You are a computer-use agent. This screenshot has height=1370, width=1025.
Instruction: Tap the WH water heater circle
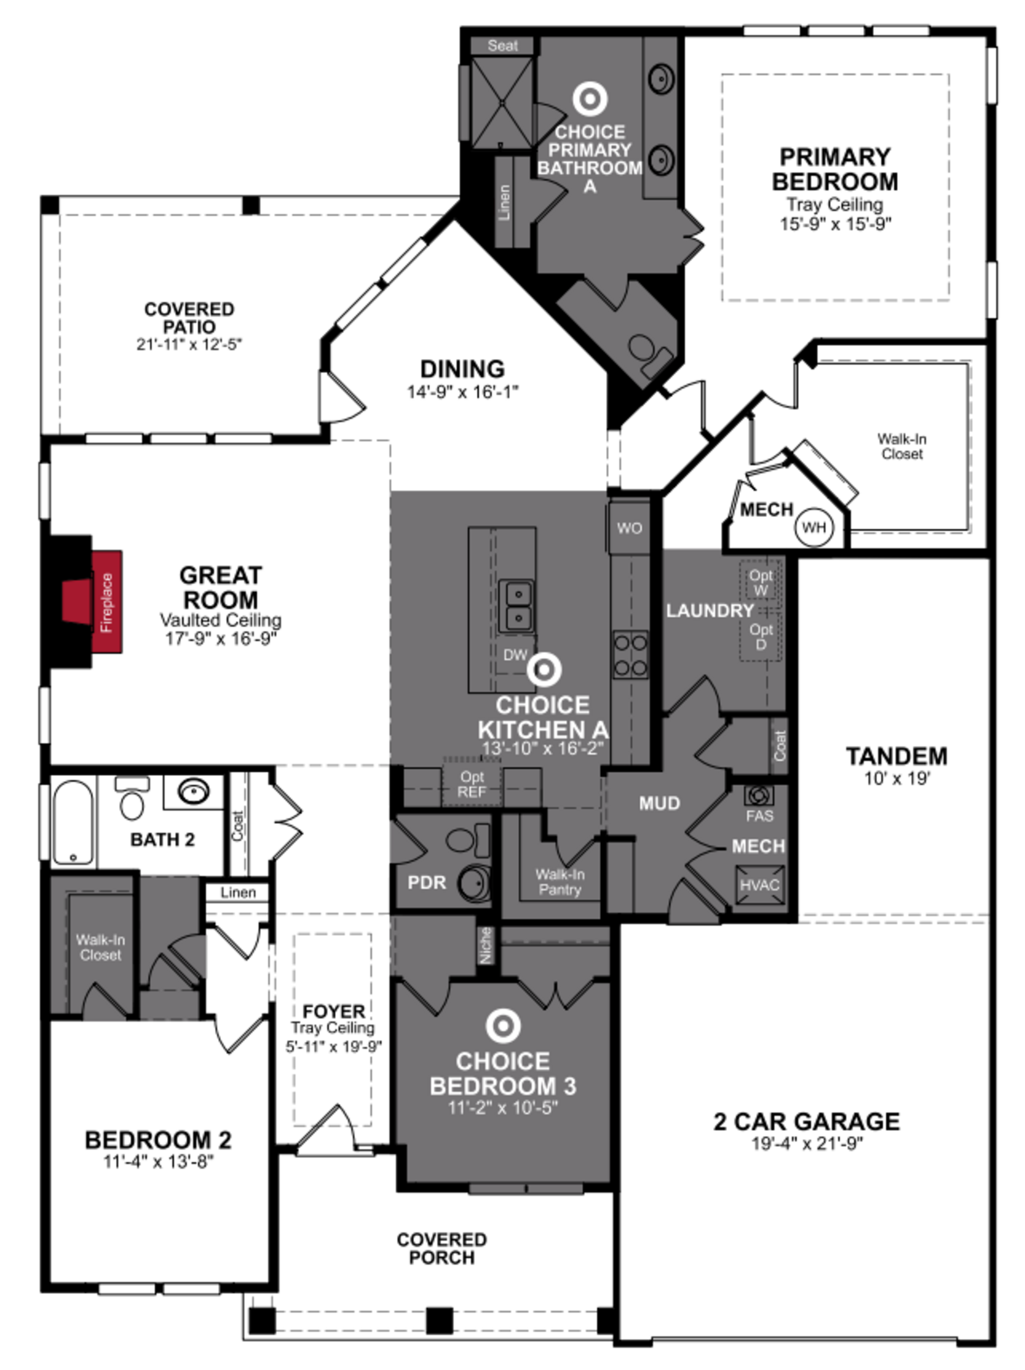813,527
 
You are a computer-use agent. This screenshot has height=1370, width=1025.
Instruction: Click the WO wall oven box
629,528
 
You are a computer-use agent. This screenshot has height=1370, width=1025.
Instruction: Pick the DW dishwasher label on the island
515,655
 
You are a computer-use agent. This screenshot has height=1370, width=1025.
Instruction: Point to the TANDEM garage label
896,756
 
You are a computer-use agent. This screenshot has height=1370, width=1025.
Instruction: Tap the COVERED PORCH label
441,1248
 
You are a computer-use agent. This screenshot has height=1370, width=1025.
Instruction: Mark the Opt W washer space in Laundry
760,582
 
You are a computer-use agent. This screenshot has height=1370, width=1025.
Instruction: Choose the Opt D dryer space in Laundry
760,636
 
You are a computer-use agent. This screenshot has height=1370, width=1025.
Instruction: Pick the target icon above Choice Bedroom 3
503,1026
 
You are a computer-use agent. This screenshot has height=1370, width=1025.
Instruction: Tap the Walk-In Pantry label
559,882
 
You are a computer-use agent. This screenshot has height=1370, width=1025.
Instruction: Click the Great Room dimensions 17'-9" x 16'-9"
220,639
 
